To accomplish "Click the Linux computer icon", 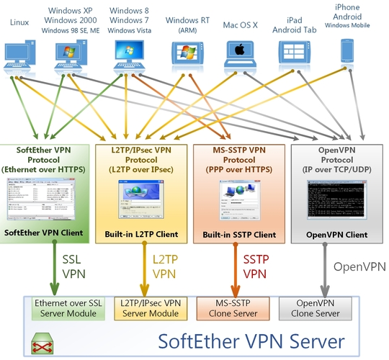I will point(20,55).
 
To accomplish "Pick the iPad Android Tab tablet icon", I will point(292,53).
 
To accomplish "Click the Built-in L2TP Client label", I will point(140,235).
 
